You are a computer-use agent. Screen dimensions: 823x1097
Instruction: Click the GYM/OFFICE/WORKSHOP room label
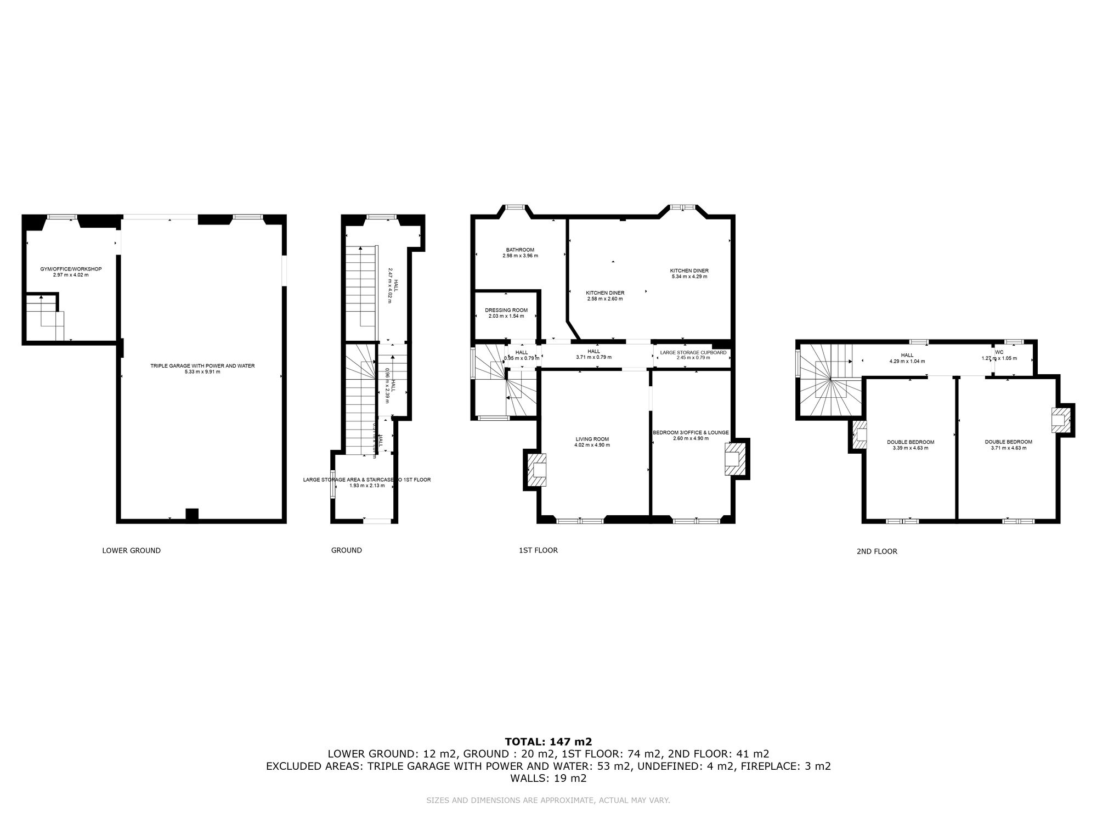(x=71, y=269)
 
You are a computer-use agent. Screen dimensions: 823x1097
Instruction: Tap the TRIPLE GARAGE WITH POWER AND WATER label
(x=202, y=365)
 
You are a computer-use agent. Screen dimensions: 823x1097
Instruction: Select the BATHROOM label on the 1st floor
(x=520, y=250)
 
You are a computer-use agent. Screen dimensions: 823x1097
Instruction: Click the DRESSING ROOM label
(x=506, y=310)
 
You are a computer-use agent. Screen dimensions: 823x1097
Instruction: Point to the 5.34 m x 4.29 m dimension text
(x=689, y=277)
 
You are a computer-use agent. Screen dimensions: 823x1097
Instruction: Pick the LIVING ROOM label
(x=592, y=439)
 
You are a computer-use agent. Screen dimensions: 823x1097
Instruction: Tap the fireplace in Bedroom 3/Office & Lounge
(x=734, y=458)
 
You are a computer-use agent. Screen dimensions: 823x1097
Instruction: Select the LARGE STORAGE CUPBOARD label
(x=693, y=352)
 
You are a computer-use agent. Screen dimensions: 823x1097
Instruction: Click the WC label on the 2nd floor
(x=999, y=352)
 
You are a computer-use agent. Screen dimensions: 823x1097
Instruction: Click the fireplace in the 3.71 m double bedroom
(x=1060, y=420)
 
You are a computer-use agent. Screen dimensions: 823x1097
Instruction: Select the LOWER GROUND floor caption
(x=131, y=550)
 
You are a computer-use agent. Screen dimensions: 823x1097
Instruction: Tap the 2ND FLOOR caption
(x=877, y=551)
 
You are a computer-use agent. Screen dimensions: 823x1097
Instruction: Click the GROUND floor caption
(x=346, y=550)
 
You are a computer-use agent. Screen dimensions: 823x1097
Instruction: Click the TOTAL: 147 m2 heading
(x=548, y=741)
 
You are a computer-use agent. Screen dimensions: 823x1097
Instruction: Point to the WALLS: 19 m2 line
(x=548, y=778)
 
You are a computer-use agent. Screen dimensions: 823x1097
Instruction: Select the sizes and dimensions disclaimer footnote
(x=548, y=801)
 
